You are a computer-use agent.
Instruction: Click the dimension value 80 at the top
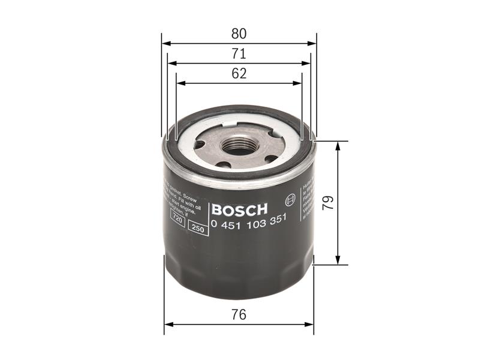pyautogui.click(x=239, y=34)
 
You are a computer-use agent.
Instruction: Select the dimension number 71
pyautogui.click(x=239, y=53)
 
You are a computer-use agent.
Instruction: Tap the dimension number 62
pyautogui.click(x=239, y=73)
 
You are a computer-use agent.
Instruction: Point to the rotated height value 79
pyautogui.click(x=327, y=202)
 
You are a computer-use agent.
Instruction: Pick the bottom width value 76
pyautogui.click(x=239, y=314)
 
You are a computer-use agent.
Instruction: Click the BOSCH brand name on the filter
pyautogui.click(x=239, y=210)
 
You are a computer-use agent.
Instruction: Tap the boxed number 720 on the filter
pyautogui.click(x=177, y=220)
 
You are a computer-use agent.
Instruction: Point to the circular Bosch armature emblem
pyautogui.click(x=292, y=199)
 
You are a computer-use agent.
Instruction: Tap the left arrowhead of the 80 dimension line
pyautogui.click(x=165, y=43)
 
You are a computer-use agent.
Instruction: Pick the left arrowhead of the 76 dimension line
pyautogui.click(x=168, y=324)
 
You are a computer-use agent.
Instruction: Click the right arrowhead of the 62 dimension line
pyautogui.click(x=298, y=83)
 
